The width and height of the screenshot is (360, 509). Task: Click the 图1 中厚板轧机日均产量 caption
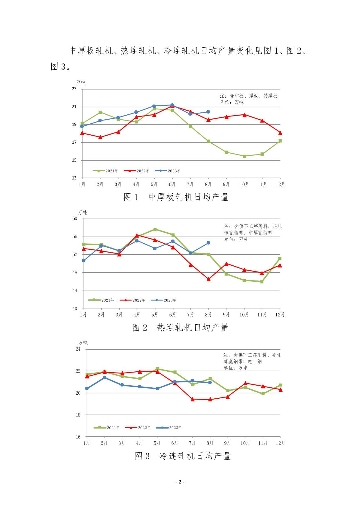[x=176, y=197]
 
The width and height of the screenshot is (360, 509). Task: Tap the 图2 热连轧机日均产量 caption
[x=180, y=328]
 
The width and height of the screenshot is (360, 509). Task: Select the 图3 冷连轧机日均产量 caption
[x=183, y=456]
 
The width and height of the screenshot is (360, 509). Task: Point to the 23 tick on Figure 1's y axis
[x=74, y=89]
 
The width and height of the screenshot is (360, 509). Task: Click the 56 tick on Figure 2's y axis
[x=75, y=237]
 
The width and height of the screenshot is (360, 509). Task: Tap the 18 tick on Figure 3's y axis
[x=78, y=415]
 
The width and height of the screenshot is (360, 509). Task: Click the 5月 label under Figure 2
[x=155, y=315]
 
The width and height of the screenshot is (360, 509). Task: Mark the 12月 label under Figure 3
[x=280, y=443]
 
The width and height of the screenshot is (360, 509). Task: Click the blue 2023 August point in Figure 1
[x=208, y=112]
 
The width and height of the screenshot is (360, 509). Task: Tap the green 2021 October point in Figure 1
[x=244, y=156]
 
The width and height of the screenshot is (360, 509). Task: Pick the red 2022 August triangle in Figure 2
[x=208, y=279]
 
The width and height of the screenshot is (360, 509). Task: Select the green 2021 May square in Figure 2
[x=155, y=229]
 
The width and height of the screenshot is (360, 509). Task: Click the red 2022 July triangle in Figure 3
[x=192, y=399]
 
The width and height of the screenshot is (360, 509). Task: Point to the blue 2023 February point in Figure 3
[x=104, y=377]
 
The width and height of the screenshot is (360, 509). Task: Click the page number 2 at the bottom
[x=180, y=482]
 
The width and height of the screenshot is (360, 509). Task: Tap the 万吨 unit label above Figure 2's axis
[x=82, y=213]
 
